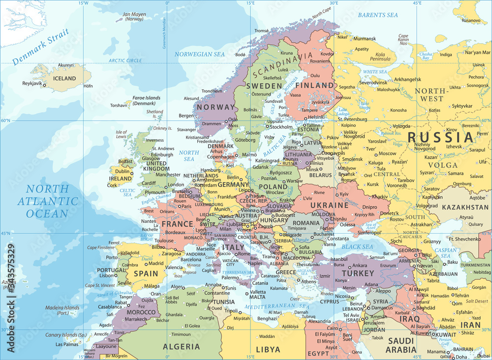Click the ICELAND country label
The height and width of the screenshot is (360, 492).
[x=64, y=78]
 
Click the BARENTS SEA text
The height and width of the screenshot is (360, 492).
[x=378, y=15]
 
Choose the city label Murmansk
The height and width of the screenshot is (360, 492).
[x=365, y=38]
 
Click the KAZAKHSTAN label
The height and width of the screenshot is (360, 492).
[x=465, y=207]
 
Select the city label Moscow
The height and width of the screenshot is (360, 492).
[x=387, y=153]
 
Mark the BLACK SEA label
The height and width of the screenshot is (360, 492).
[x=357, y=246]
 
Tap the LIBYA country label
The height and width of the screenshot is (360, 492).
[x=268, y=350]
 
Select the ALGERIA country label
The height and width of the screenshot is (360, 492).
[x=182, y=346]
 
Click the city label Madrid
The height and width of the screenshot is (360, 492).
[x=156, y=263]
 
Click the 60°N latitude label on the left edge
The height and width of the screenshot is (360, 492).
[x=6, y=120]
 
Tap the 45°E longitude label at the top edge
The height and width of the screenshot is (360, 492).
[x=417, y=3]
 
